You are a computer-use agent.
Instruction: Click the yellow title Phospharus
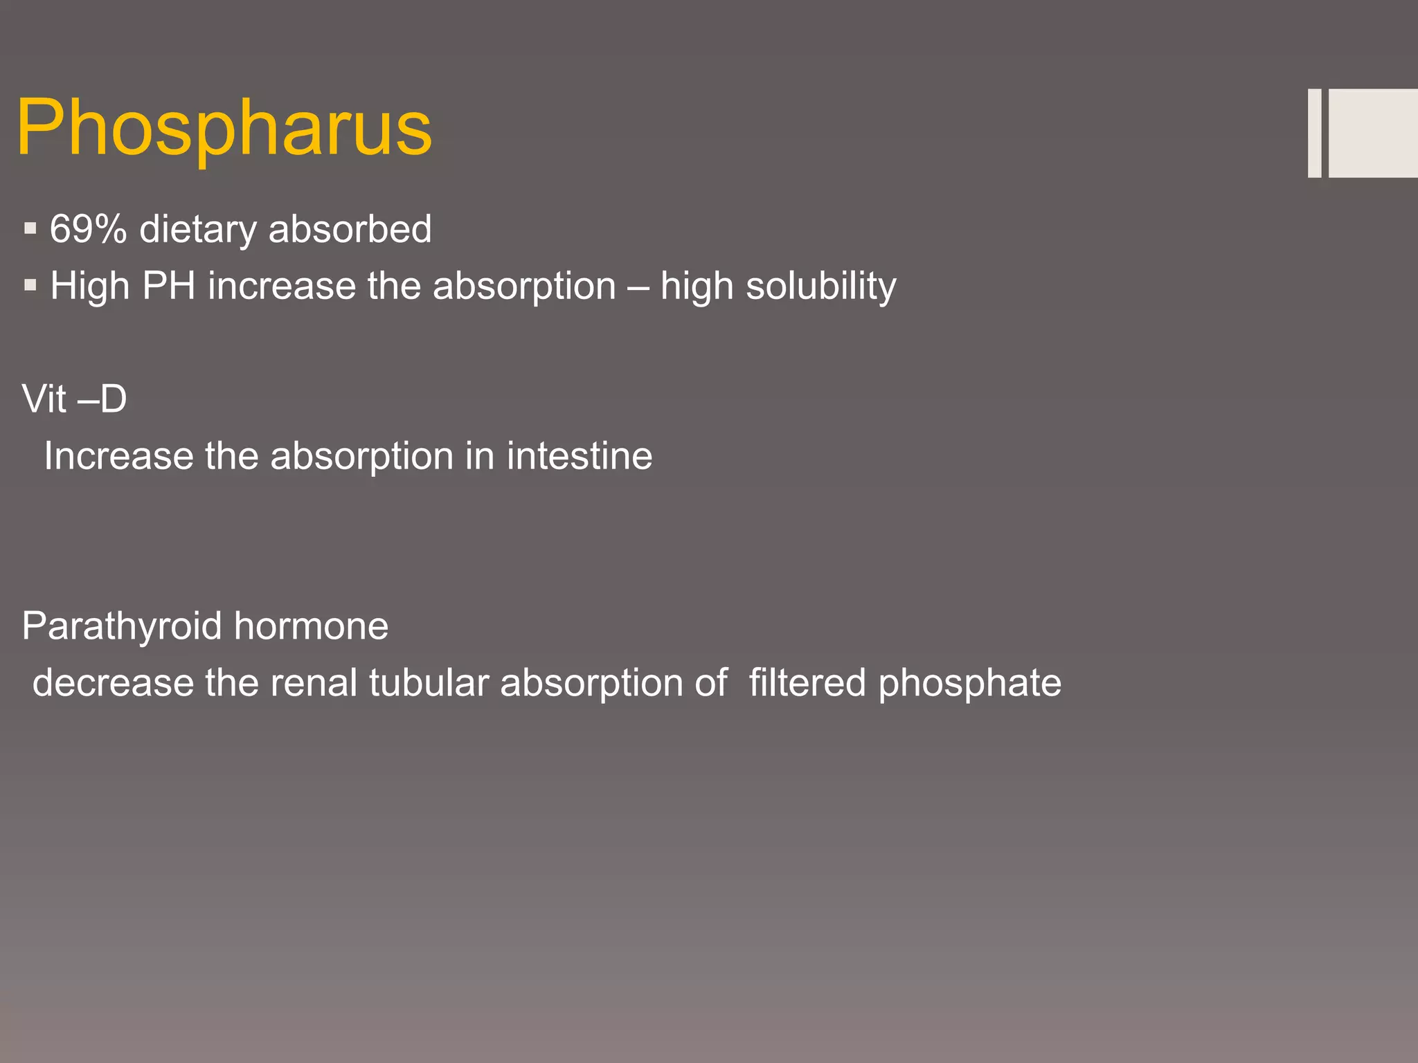pyautogui.click(x=224, y=128)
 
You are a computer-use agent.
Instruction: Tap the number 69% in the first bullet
pyautogui.click(x=88, y=229)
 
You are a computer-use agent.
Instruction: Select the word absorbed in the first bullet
pyautogui.click(x=350, y=229)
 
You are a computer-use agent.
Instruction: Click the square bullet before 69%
pyautogui.click(x=30, y=228)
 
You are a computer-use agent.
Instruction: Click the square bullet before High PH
pyautogui.click(x=30, y=284)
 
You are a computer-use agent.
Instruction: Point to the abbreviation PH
pyautogui.click(x=168, y=286)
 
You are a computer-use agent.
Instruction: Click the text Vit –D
pyautogui.click(x=74, y=399)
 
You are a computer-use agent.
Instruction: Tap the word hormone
pyautogui.click(x=311, y=626)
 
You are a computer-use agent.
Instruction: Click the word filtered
pyautogui.click(x=807, y=683)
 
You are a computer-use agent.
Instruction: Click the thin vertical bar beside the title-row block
pyautogui.click(x=1314, y=133)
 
